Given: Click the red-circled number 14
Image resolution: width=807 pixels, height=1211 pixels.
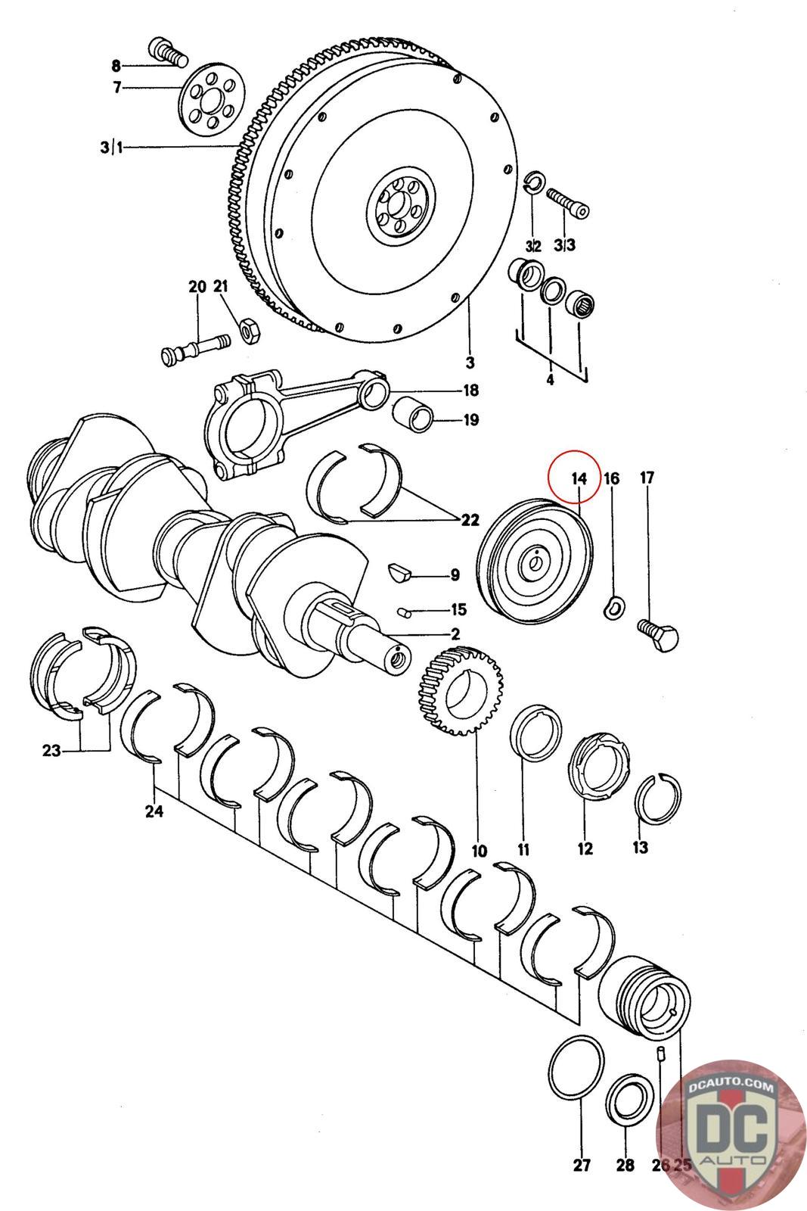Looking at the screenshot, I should point(579,478).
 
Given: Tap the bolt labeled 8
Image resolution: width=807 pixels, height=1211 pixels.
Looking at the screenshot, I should point(168,52).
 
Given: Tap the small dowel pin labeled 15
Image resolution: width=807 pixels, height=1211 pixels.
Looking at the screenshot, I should point(405,610).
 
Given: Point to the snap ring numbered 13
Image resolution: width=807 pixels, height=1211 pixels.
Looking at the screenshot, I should point(659,799).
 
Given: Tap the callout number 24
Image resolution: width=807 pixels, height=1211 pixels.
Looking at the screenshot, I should point(154,812).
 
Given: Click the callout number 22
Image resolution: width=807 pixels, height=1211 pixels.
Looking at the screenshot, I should point(470,520).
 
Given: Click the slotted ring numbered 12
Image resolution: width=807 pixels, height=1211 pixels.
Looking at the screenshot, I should point(597,767).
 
